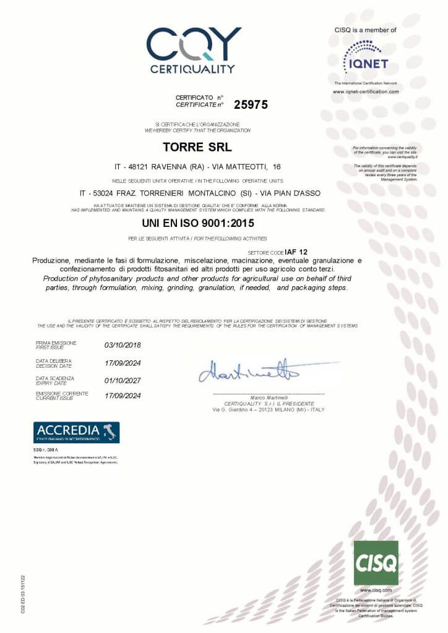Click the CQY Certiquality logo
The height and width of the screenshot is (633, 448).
click(192, 49)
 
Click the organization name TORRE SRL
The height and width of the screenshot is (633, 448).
click(197, 147)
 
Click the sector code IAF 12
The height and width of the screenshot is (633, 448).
click(296, 252)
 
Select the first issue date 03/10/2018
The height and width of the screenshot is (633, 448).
click(123, 345)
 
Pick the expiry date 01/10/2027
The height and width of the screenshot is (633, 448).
click(123, 380)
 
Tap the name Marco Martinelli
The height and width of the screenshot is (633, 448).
click(268, 397)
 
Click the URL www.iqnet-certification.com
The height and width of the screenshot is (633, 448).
click(365, 91)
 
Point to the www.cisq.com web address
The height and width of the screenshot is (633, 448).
click(376, 591)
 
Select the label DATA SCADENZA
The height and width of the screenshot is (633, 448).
click(54, 378)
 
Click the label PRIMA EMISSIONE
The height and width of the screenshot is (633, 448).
click(56, 342)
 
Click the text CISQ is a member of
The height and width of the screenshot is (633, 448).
click(365, 30)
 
